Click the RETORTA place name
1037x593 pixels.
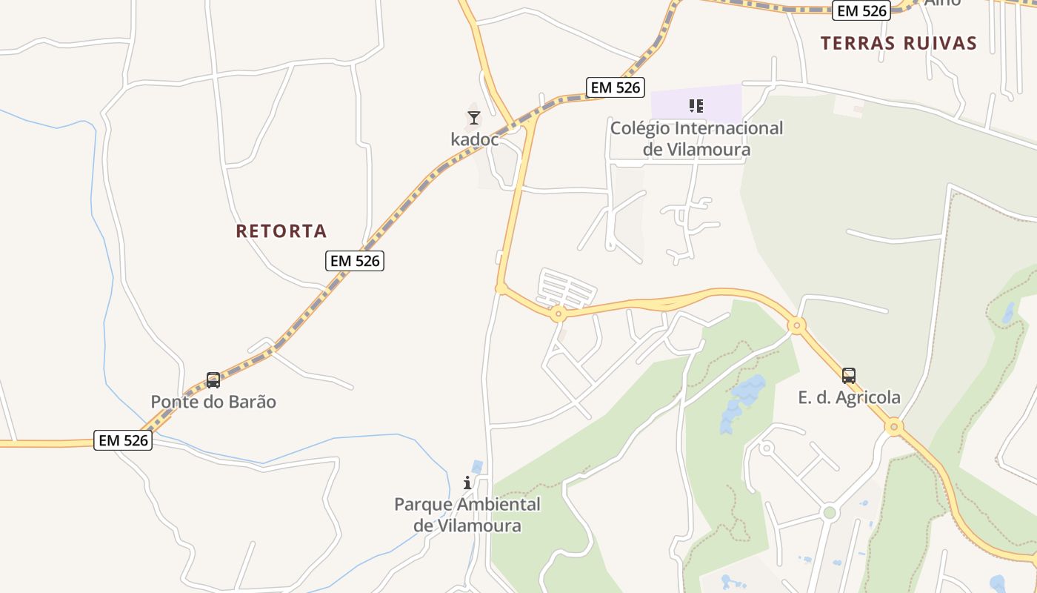[x=281, y=231]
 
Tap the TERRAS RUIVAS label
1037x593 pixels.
[x=898, y=43]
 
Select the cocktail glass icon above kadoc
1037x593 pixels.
[x=474, y=118]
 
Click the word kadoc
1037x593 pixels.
[x=475, y=139]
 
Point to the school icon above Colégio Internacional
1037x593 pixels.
[x=696, y=106]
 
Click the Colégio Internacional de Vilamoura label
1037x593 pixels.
[x=696, y=139]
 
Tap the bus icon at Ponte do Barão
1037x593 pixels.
[x=213, y=380]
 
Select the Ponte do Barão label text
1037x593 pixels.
[x=213, y=402]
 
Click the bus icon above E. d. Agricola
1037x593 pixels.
[x=849, y=376]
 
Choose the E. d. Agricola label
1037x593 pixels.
[x=849, y=397]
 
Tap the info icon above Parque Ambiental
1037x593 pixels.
[x=467, y=483]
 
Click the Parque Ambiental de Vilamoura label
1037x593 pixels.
[x=467, y=515]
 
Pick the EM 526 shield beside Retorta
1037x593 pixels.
[x=355, y=260]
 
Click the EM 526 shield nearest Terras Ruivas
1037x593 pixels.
[x=862, y=10]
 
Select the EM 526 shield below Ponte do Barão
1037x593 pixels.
[x=124, y=440]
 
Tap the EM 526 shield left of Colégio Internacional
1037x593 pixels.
[x=615, y=87]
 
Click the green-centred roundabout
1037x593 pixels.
[x=830, y=512]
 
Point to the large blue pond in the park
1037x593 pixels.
[x=741, y=400]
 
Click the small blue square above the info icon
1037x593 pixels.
[x=477, y=466]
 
